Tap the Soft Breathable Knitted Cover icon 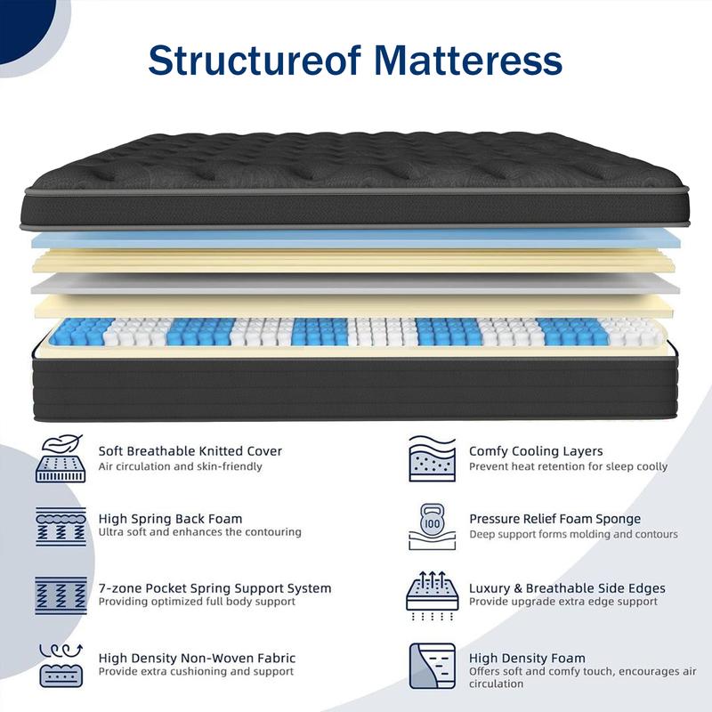click(x=61, y=458)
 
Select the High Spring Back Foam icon click(x=61, y=526)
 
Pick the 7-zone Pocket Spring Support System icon click(x=61, y=595)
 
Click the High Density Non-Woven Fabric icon click(x=61, y=664)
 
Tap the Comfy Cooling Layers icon click(x=432, y=458)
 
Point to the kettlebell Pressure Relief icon click(x=432, y=526)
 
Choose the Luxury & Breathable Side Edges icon click(x=432, y=595)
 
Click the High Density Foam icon click(x=432, y=665)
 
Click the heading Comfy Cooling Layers click(x=536, y=451)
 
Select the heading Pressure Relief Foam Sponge click(x=554, y=519)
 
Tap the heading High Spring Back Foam click(x=170, y=519)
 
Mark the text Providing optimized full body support click(x=197, y=602)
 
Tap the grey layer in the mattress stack click(x=356, y=283)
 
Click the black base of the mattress click(x=356, y=387)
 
